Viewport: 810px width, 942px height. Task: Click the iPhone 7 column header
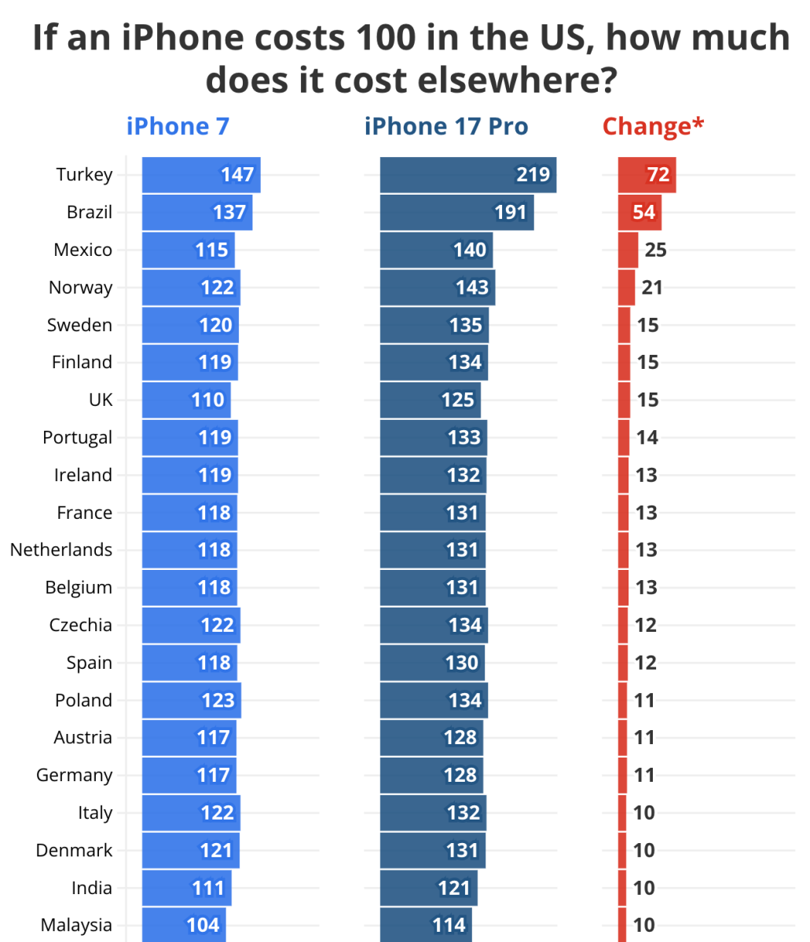178,126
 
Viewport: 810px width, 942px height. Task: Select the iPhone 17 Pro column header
446,126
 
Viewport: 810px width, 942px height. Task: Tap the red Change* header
653,126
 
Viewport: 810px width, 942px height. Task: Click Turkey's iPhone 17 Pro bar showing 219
468,175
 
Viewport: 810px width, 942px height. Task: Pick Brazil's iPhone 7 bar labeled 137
197,213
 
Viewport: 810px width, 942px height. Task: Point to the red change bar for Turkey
647,175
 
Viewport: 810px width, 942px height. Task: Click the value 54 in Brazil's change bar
643,213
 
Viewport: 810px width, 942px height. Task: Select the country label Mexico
82,250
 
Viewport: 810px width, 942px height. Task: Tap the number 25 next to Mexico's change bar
655,250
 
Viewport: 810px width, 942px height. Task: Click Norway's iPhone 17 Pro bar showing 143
438,287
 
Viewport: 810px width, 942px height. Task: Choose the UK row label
101,400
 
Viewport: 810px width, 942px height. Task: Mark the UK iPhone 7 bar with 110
186,400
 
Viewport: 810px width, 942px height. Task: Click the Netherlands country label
61,550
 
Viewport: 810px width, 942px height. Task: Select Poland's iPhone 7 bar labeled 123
192,700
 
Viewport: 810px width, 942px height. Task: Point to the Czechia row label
80,626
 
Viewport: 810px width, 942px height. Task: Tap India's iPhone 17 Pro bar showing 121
429,888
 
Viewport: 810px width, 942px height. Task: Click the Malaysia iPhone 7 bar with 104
184,925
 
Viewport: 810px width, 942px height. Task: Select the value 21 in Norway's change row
652,288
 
